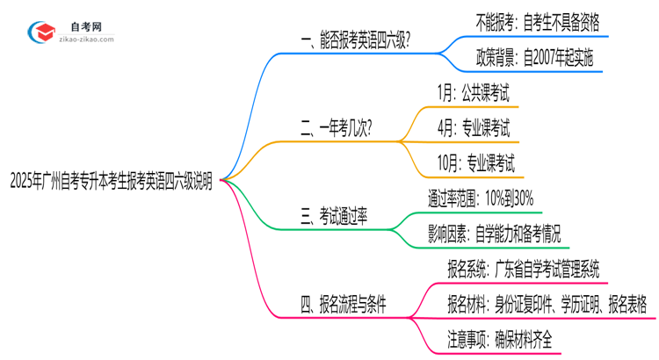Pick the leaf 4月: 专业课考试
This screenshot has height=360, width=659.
coord(473,129)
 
